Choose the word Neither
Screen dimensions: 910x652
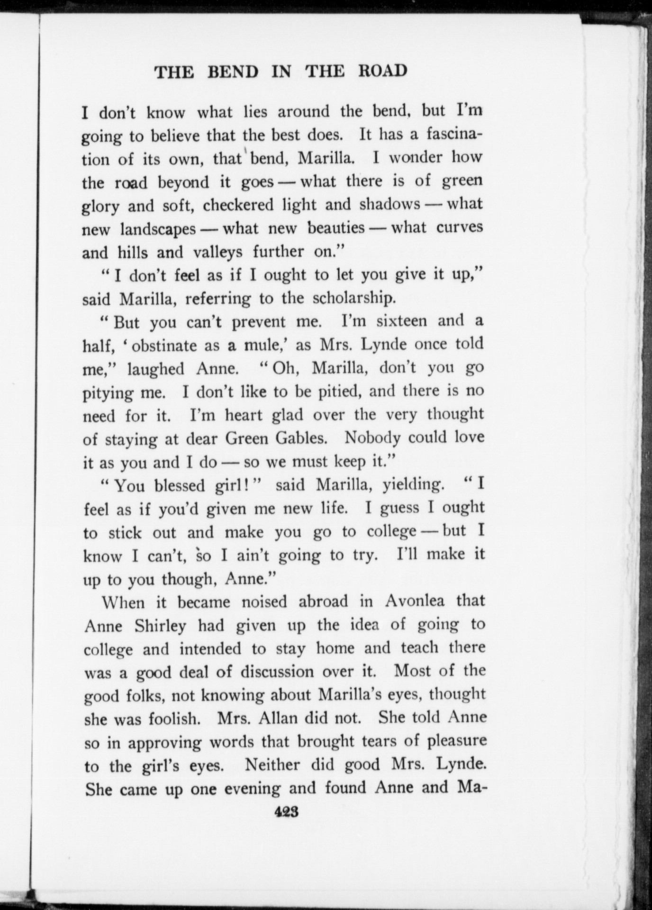pyautogui.click(x=273, y=764)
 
